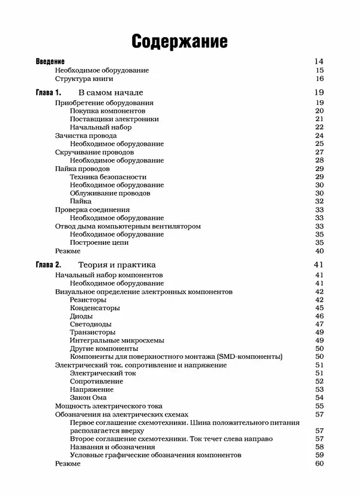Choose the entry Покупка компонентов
(107, 111)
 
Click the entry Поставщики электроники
(114, 119)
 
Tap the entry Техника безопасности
(108, 177)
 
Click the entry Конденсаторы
(96, 307)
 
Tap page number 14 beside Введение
(319, 61)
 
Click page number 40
(319, 251)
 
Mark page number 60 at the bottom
(319, 463)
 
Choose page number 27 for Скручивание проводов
(319, 152)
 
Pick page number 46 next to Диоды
(319, 316)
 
